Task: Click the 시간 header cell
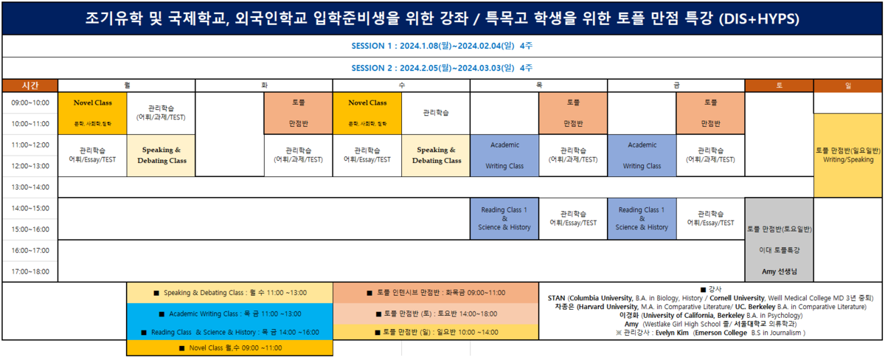(x=30, y=86)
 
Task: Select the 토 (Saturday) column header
(x=779, y=86)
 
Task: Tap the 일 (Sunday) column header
(x=848, y=86)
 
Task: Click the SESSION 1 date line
(x=442, y=46)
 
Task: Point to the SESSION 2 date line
(x=442, y=67)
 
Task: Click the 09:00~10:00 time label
(x=30, y=103)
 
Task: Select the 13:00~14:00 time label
(x=30, y=187)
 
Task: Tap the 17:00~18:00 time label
(x=30, y=271)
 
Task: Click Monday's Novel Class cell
(x=92, y=113)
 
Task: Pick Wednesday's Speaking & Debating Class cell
(x=436, y=156)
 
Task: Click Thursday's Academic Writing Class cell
(x=504, y=156)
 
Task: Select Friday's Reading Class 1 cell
(x=642, y=218)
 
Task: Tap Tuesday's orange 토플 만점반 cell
(x=298, y=113)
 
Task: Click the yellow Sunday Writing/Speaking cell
(x=848, y=155)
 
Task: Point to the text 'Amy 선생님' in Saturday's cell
(x=779, y=271)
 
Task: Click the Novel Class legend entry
(x=229, y=347)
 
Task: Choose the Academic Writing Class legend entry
(x=229, y=314)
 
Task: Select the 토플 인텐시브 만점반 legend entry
(x=436, y=293)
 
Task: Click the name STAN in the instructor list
(x=557, y=298)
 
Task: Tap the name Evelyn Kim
(x=672, y=333)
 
